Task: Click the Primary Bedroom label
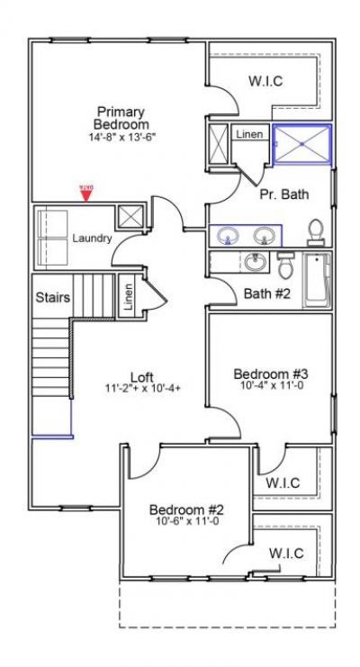pyautogui.click(x=121, y=117)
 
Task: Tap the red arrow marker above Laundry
pyautogui.click(x=85, y=194)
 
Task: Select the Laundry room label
pyautogui.click(x=92, y=239)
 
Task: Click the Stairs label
pyautogui.click(x=52, y=296)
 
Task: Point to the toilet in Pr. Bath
pyautogui.click(x=316, y=232)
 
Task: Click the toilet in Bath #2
pyautogui.click(x=285, y=266)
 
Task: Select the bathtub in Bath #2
pyautogui.click(x=317, y=281)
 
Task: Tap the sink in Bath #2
pyautogui.click(x=254, y=264)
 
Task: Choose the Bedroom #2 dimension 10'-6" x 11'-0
pyautogui.click(x=186, y=520)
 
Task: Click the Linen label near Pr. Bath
pyautogui.click(x=250, y=134)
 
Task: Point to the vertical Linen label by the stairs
pyautogui.click(x=129, y=298)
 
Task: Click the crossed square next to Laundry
pyautogui.click(x=130, y=217)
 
